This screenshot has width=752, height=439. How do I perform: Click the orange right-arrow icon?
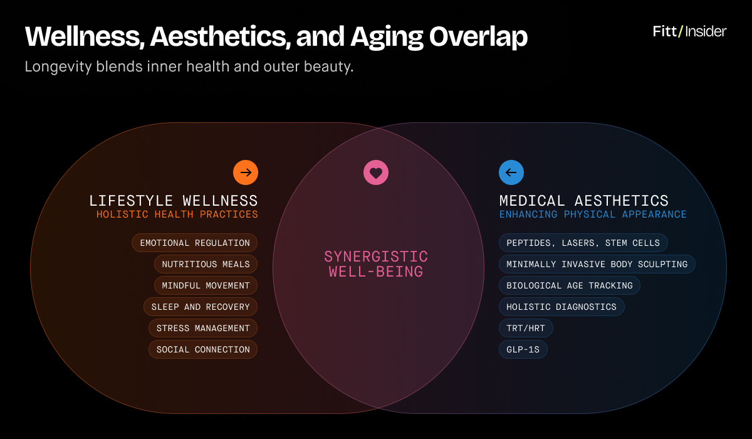246,172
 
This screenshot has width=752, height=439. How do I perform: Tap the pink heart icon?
376,172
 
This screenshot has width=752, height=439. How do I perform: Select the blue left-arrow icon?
511,172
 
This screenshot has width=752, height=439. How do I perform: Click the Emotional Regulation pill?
195,243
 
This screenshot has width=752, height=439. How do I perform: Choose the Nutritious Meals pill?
206,264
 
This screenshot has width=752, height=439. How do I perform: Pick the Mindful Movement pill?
206,285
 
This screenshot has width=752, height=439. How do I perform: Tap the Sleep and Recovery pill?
201,307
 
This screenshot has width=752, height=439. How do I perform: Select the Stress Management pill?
203,328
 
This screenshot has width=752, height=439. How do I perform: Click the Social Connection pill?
203,350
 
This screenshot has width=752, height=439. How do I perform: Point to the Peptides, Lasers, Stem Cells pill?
583,243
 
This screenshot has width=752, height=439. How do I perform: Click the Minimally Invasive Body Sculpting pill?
597,264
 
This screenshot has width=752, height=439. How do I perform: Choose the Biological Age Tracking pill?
570,285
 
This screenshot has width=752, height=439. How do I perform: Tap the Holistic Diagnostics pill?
561,307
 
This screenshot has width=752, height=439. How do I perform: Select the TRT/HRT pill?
526,328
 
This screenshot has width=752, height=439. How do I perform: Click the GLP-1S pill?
523,350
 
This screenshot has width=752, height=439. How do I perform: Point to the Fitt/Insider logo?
689,31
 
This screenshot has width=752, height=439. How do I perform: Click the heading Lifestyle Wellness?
174,201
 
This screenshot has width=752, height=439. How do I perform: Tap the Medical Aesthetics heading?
584,201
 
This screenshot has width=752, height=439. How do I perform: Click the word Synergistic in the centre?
376,257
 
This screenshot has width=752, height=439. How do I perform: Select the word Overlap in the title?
478,37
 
